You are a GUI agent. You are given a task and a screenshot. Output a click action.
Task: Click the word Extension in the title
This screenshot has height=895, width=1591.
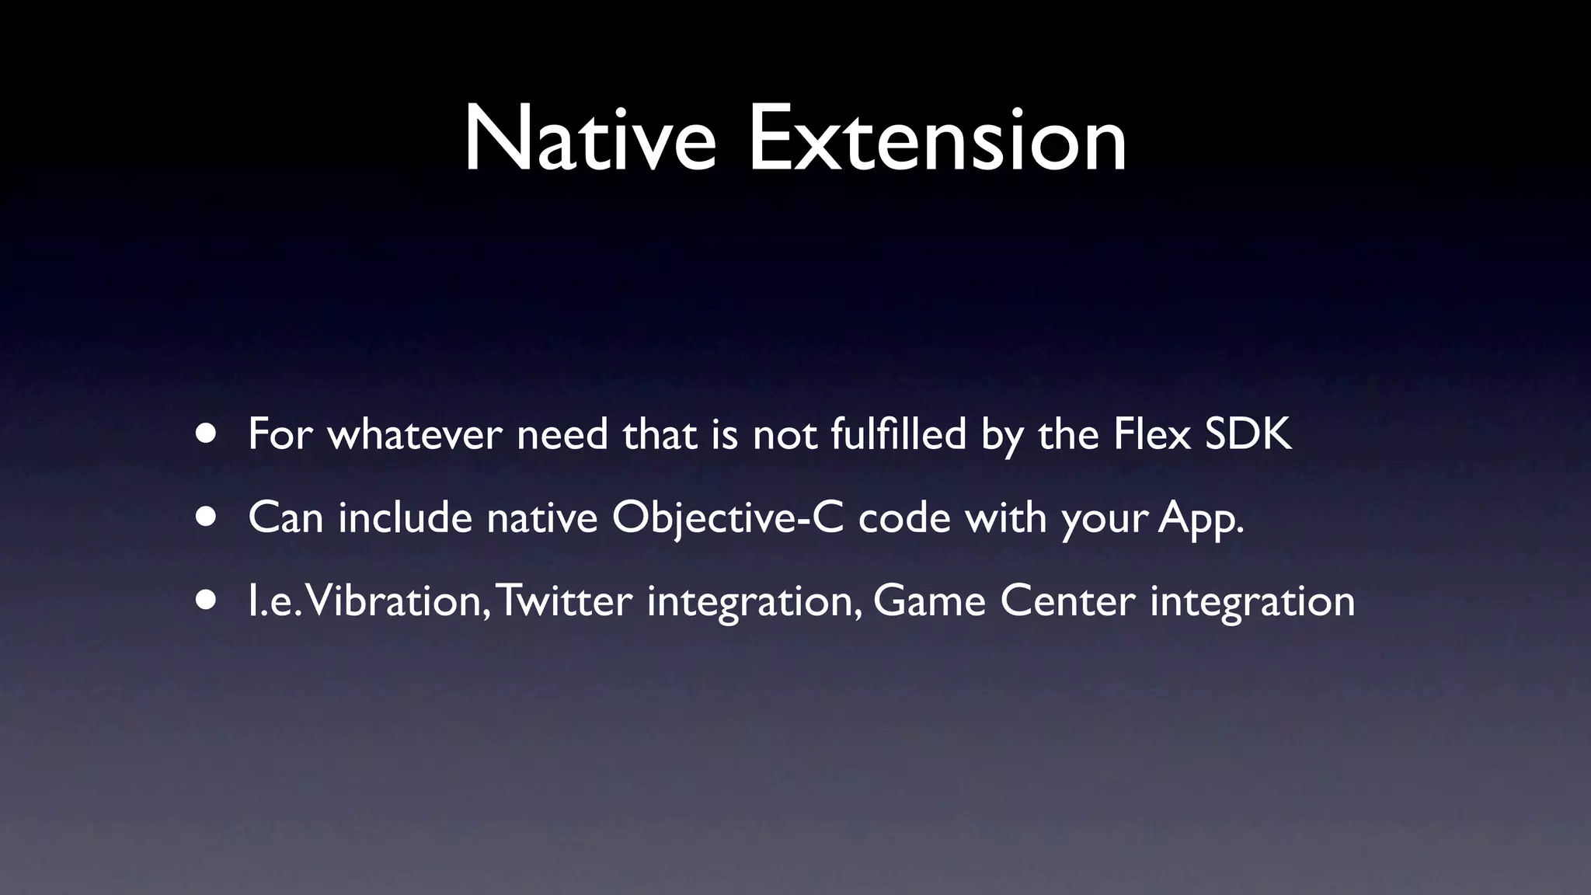click(x=937, y=140)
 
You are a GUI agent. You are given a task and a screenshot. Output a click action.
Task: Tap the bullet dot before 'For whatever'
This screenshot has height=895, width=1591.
click(x=207, y=434)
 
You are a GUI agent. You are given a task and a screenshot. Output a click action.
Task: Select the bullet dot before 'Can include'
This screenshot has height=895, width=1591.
click(x=207, y=517)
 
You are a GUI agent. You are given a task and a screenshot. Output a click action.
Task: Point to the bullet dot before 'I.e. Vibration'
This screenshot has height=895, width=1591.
click(x=207, y=600)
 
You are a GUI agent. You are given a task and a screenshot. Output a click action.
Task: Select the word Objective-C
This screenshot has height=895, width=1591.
click(x=727, y=518)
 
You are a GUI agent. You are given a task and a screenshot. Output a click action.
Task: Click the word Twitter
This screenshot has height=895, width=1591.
click(x=564, y=601)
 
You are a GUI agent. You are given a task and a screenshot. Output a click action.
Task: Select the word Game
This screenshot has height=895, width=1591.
click(x=929, y=601)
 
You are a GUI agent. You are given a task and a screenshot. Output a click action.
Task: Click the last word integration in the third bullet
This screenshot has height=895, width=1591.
click(x=1252, y=602)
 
